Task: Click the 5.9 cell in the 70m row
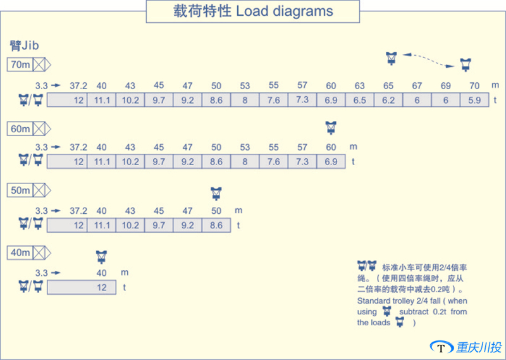pyautogui.click(x=474, y=100)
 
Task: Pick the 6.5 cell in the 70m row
pyautogui.click(x=359, y=100)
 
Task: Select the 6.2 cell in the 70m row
pyautogui.click(x=388, y=100)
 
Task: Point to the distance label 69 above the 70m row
pyautogui.click(x=445, y=85)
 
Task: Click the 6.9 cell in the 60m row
pyautogui.click(x=330, y=162)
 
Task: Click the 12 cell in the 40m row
pyautogui.click(x=101, y=287)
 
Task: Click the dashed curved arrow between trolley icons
pyautogui.click(x=428, y=59)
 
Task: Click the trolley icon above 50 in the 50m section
pyautogui.click(x=217, y=192)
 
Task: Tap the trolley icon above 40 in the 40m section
pyautogui.click(x=101, y=256)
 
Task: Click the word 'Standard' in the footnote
pyautogui.click(x=373, y=301)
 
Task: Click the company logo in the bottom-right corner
pyautogui.click(x=467, y=347)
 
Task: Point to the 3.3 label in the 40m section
pyautogui.click(x=42, y=273)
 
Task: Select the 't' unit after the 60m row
pyautogui.click(x=354, y=162)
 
